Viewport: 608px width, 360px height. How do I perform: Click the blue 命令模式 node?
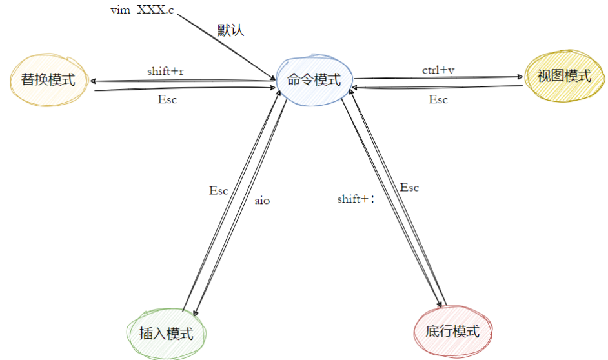click(314, 80)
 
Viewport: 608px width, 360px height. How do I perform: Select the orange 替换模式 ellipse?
click(49, 80)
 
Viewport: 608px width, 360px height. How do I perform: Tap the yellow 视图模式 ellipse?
click(564, 76)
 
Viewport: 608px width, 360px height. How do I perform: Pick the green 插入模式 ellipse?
click(166, 334)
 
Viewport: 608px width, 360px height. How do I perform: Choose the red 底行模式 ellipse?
click(452, 331)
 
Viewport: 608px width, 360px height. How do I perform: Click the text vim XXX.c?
click(142, 10)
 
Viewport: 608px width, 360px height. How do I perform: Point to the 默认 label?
click(230, 30)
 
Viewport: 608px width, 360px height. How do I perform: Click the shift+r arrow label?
click(165, 72)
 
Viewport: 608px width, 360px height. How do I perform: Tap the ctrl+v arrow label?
click(438, 70)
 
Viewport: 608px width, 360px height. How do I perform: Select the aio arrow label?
click(262, 201)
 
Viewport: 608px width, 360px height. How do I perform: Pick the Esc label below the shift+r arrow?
click(167, 99)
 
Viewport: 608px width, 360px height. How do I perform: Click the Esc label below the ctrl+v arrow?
click(438, 99)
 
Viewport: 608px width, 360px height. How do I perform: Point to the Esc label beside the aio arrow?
click(218, 190)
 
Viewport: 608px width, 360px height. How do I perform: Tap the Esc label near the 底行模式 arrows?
click(409, 188)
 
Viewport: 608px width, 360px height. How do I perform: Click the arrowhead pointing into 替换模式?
click(93, 81)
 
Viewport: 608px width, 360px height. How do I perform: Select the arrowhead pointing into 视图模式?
click(520, 77)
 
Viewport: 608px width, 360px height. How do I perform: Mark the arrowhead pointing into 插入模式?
click(196, 313)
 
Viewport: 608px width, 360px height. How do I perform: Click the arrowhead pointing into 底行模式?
click(440, 305)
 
